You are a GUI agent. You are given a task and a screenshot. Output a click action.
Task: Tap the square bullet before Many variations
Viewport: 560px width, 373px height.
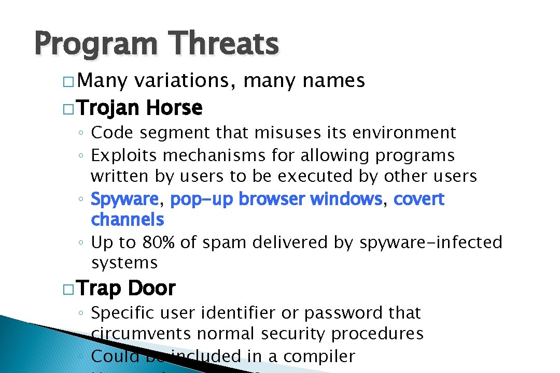(x=68, y=82)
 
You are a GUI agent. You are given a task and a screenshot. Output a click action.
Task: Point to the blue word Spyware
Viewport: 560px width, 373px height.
(x=124, y=199)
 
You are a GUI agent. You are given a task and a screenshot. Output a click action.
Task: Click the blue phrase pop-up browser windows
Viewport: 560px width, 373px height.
(x=276, y=199)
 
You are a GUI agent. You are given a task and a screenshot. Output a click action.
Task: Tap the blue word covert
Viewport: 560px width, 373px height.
(x=419, y=199)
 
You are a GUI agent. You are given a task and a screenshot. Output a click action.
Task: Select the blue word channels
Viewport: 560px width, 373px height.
(x=128, y=220)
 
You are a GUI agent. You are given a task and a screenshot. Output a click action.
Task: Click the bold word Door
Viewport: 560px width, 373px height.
(x=151, y=289)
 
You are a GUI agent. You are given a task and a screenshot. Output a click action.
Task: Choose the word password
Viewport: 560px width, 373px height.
(x=344, y=313)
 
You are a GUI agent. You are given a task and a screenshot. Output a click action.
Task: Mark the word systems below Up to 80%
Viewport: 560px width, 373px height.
(x=124, y=263)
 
